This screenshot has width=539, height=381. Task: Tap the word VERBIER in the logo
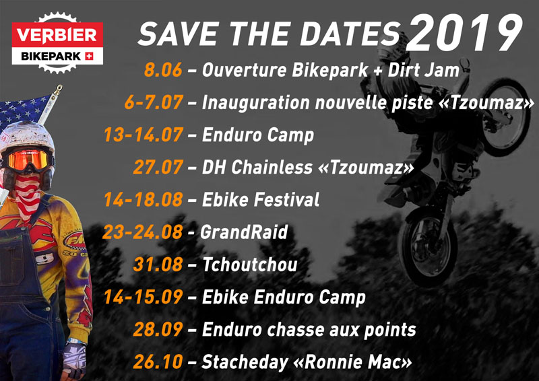pyautogui.click(x=57, y=36)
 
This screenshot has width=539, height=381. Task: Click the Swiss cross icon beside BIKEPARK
pyautogui.click(x=89, y=56)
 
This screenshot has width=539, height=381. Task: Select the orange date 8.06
pyautogui.click(x=163, y=70)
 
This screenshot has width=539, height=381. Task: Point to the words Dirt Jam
pyautogui.click(x=424, y=70)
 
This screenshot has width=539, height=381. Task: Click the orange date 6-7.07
pyautogui.click(x=154, y=102)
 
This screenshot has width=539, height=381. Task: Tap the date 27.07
pyautogui.click(x=158, y=168)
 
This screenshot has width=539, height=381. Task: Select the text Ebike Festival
pyautogui.click(x=261, y=200)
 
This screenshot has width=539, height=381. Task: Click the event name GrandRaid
pyautogui.click(x=244, y=232)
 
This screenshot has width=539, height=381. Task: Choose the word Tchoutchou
pyautogui.click(x=250, y=265)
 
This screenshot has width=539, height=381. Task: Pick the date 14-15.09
pyautogui.click(x=143, y=297)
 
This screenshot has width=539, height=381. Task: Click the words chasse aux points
pyautogui.click(x=342, y=330)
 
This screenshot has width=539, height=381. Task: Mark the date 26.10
pyautogui.click(x=158, y=361)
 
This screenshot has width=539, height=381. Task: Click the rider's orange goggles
pyautogui.click(x=28, y=160)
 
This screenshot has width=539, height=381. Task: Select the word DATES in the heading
pyautogui.click(x=350, y=34)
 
